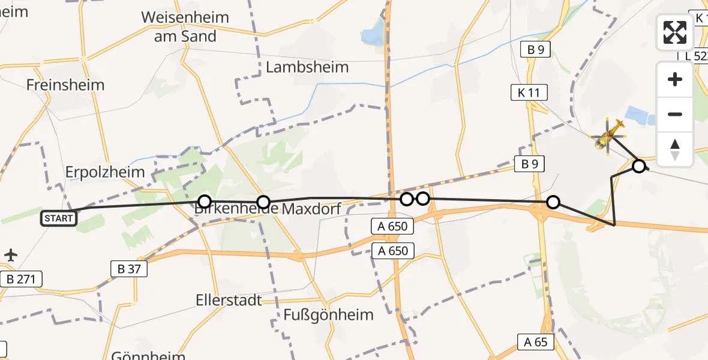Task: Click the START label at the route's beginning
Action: tap(59, 218)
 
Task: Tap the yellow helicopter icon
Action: tap(609, 135)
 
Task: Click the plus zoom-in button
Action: tap(675, 80)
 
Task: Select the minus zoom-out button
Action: tap(675, 114)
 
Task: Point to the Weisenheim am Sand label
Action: tap(185, 26)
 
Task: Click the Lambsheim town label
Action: tap(307, 67)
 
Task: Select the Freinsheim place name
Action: tap(65, 85)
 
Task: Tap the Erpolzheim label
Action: tap(106, 172)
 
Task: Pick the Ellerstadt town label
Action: tap(229, 299)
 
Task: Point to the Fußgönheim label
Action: tap(328, 314)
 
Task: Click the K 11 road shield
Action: tap(529, 92)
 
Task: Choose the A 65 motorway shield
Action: tap(536, 342)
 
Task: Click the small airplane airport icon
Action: tap(11, 255)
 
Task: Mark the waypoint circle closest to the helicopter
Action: tap(639, 166)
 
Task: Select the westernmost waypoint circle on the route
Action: tap(205, 202)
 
